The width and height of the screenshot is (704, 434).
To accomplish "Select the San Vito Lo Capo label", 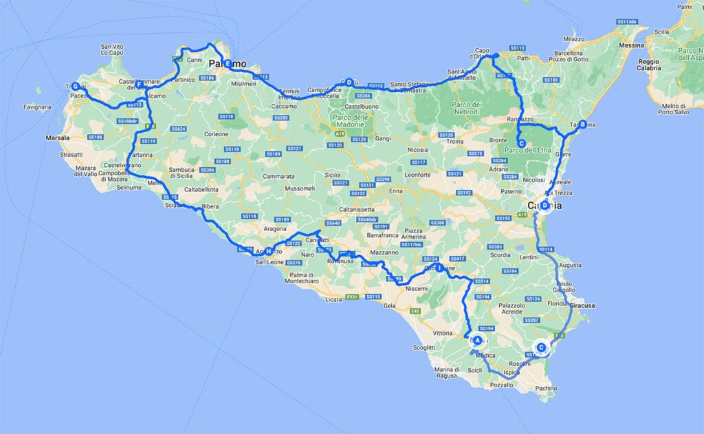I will [112, 50].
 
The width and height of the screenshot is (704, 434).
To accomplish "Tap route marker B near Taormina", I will [582, 124].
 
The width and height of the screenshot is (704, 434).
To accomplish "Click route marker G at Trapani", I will [76, 87].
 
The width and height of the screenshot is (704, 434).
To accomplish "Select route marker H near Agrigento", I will [268, 251].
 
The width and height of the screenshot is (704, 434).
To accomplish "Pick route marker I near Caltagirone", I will [439, 268].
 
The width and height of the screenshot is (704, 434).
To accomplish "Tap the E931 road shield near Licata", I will [353, 296].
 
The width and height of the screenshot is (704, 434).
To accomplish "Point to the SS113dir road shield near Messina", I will [624, 22].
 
